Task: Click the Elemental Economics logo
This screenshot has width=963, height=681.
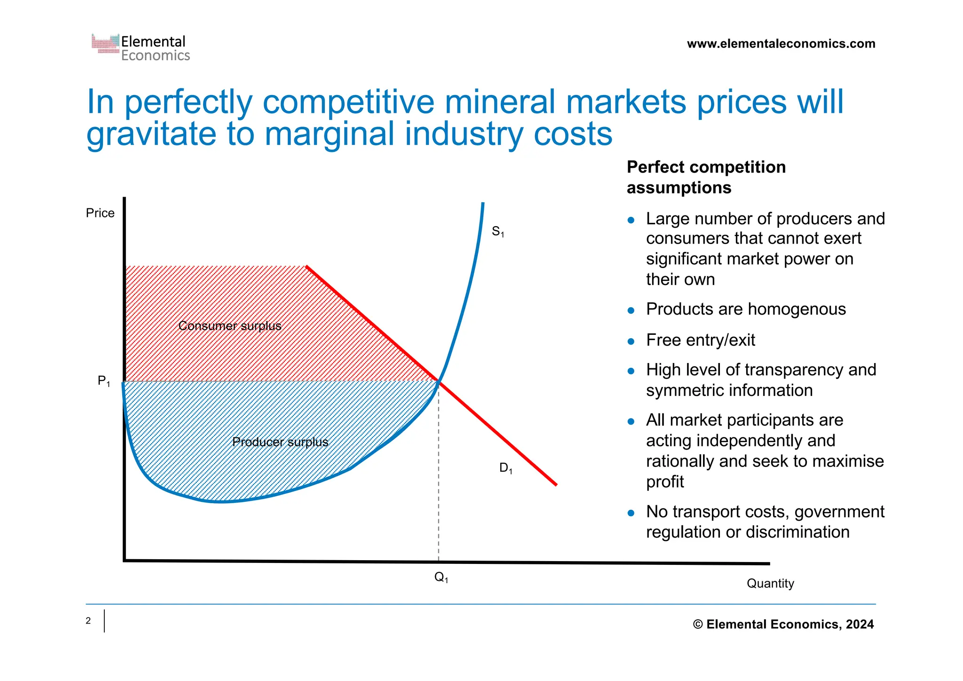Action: [141, 48]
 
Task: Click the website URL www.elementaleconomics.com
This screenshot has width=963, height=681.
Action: [781, 44]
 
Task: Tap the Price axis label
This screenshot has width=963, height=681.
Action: [100, 213]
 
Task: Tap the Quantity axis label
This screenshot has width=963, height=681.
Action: [770, 583]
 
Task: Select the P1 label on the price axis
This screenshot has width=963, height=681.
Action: [103, 381]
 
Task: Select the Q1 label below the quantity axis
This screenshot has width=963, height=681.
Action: [441, 577]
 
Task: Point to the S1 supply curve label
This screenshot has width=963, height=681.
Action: [497, 231]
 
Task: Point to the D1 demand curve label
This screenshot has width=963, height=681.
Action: [505, 468]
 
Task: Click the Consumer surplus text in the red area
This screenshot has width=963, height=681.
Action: [229, 326]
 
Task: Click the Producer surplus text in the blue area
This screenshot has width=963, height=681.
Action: [280, 442]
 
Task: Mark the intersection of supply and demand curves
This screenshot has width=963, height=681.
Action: [439, 381]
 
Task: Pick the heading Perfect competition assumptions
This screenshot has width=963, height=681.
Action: [706, 177]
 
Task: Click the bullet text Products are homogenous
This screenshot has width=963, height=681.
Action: [746, 309]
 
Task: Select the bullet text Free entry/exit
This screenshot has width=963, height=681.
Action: [701, 340]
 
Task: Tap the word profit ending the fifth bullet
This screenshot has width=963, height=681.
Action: [665, 482]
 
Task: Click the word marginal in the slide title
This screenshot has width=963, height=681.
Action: [329, 134]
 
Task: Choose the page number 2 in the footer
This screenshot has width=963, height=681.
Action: [88, 621]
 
